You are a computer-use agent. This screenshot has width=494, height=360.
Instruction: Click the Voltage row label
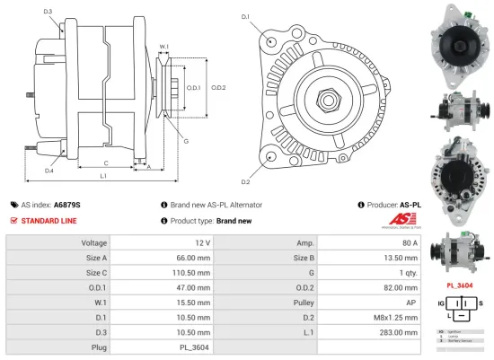pos(93,242)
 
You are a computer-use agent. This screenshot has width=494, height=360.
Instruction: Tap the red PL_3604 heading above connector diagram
pos(460,286)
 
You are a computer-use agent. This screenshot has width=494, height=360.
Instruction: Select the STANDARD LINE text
pos(49,220)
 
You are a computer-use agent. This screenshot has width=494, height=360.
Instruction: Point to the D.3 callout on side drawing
pos(48,12)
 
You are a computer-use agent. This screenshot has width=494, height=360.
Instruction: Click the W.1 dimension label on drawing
pos(163,47)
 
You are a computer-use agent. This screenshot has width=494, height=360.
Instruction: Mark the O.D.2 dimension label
pos(218,87)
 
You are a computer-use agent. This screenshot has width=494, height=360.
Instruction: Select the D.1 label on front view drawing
pos(245,17)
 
